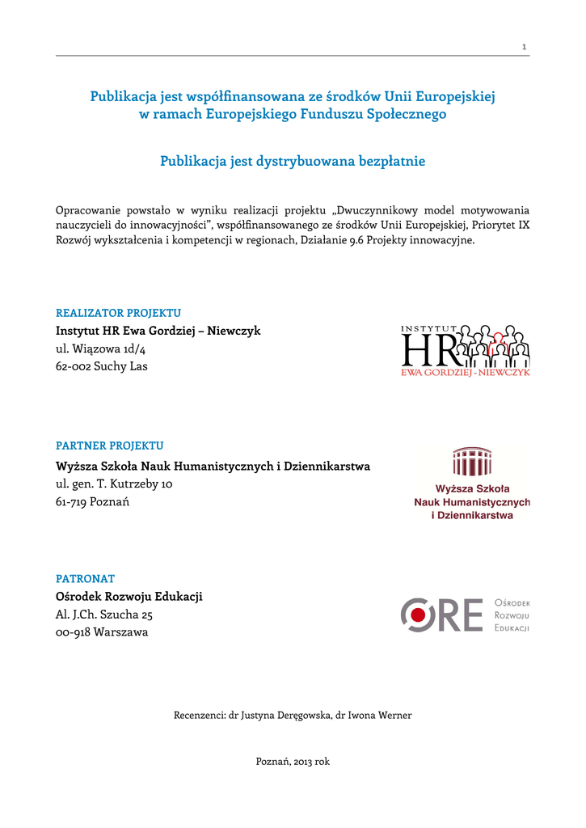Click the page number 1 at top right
tap(525, 47)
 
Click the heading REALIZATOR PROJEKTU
tap(118, 313)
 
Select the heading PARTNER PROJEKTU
tap(109, 446)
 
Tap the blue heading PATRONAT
tap(85, 578)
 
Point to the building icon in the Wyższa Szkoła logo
tap(472, 462)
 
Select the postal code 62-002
tap(73, 366)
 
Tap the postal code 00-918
tap(73, 632)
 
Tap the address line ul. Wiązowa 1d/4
tap(100, 349)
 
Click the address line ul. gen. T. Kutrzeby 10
tap(114, 484)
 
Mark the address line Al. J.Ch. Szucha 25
tap(104, 615)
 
